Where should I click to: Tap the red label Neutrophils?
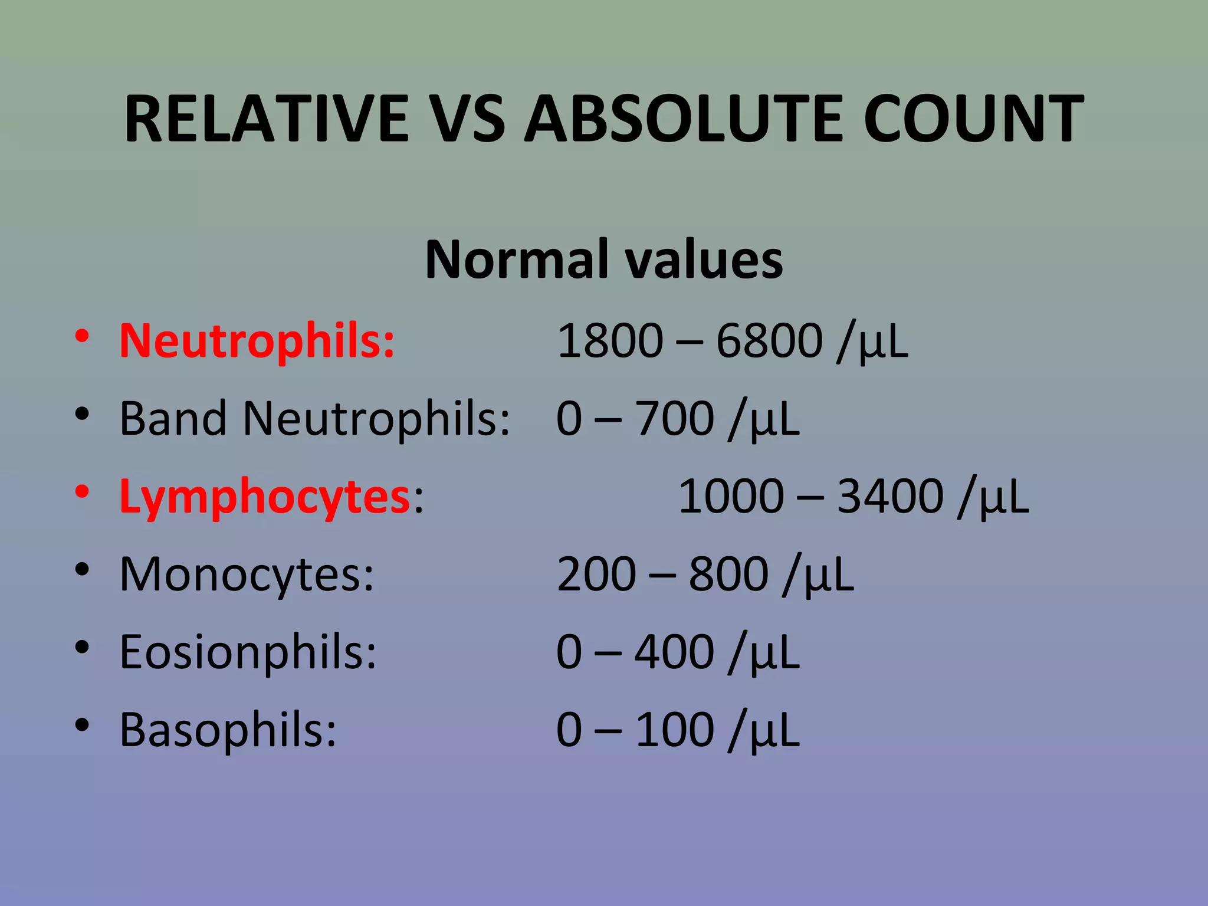coord(257,341)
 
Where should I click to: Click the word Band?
coord(173,418)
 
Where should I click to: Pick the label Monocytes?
coord(247,574)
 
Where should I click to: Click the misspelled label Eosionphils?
coord(248,652)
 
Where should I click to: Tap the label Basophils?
coord(228,730)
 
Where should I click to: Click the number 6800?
coord(769,341)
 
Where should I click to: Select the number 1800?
coord(610,341)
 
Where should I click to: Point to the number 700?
coord(675,418)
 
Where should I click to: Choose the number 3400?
coord(890,497)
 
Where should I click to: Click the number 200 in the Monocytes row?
coord(597,574)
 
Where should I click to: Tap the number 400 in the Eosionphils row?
coord(675,652)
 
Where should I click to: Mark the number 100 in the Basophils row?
coord(675,730)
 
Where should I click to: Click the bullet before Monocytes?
coord(82,570)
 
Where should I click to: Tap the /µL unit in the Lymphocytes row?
coord(994,497)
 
